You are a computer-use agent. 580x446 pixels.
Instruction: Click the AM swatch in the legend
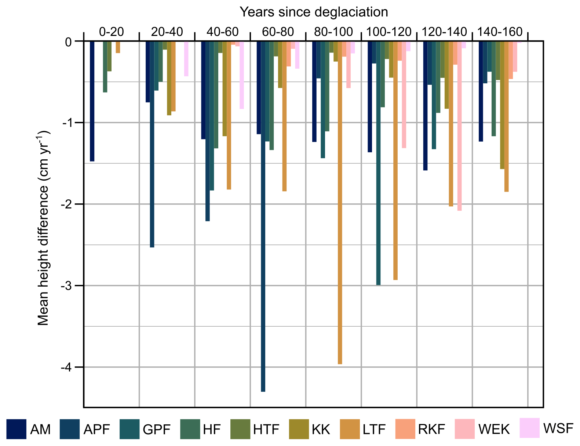pos(16,429)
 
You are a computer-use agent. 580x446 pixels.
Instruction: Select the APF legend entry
pos(84,429)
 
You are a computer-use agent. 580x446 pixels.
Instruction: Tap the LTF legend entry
pos(363,429)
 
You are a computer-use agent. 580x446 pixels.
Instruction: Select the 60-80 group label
pos(278,32)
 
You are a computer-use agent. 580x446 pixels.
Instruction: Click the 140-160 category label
pos(500,32)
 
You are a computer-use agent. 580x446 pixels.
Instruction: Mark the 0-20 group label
pos(112,32)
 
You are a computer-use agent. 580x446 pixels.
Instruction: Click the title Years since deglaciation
pos(314,12)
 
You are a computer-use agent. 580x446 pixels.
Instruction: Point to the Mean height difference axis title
pos(44,228)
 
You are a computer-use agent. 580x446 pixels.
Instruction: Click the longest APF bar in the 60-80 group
pos(263,217)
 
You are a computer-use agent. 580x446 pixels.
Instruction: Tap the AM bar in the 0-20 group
pos(92,101)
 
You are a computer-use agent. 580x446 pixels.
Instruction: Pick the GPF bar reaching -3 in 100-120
pos(378,163)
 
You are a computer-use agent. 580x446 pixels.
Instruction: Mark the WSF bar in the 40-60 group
pos(242,75)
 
